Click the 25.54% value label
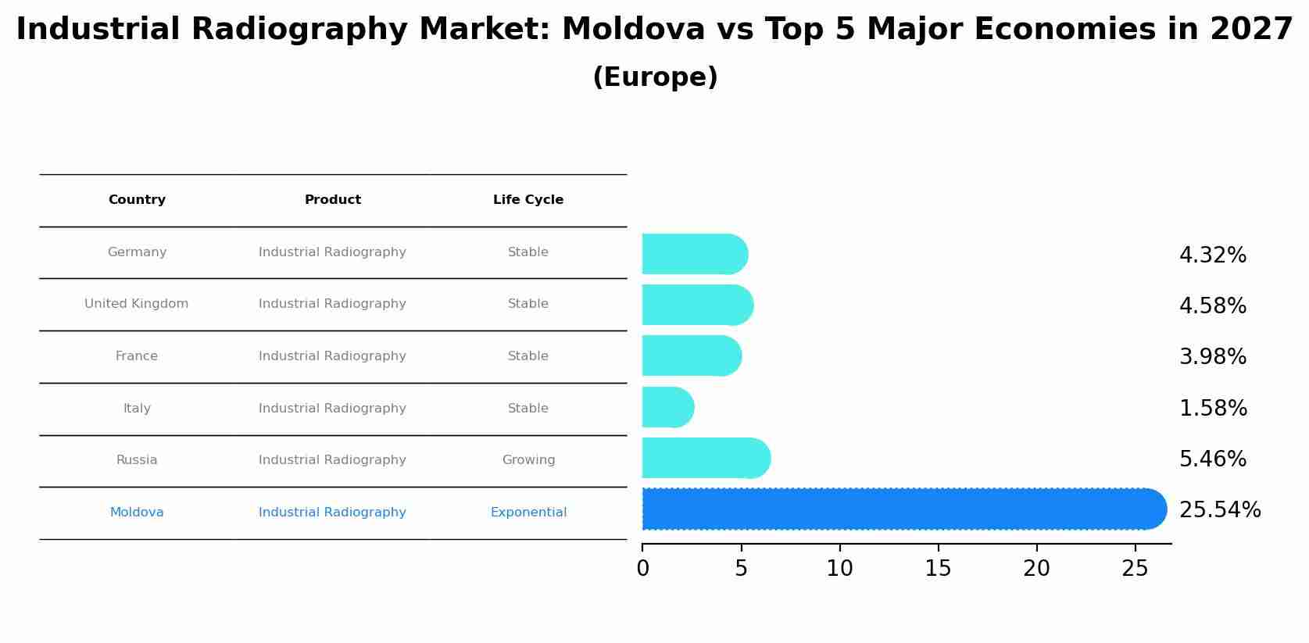[x=1219, y=510]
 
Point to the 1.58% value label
[x=1213, y=409]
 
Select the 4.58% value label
[x=1212, y=306]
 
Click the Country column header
[x=137, y=200]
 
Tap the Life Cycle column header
[x=528, y=200]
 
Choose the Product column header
[x=333, y=200]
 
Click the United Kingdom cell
[x=137, y=304]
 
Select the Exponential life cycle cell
[x=528, y=513]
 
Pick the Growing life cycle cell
[x=528, y=460]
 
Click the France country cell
[x=137, y=356]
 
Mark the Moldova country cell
[x=137, y=513]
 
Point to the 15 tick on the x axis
[x=938, y=569]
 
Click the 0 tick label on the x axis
[x=642, y=569]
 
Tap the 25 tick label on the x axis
[x=1135, y=569]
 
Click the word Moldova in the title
[x=633, y=30]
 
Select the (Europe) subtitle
[x=655, y=77]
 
